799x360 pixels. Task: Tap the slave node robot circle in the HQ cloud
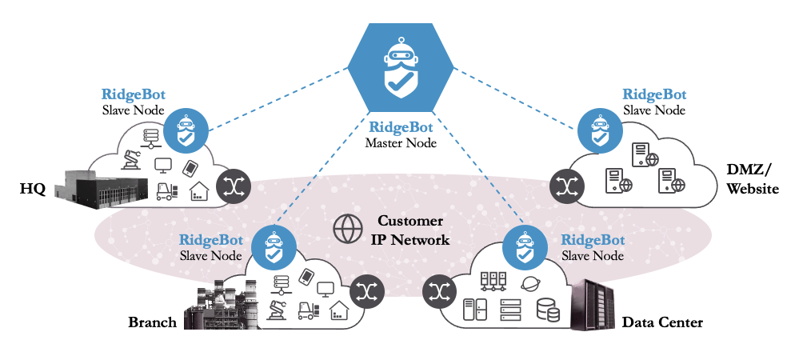(186, 130)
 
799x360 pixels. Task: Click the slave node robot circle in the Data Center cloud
(525, 248)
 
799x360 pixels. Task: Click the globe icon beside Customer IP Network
(347, 229)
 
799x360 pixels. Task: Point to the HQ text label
(34, 190)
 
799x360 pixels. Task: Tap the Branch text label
(152, 323)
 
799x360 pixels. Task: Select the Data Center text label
(662, 323)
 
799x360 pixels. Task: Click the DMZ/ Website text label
(748, 181)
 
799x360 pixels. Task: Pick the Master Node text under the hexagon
(400, 143)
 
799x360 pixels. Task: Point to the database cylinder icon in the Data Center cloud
(548, 310)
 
